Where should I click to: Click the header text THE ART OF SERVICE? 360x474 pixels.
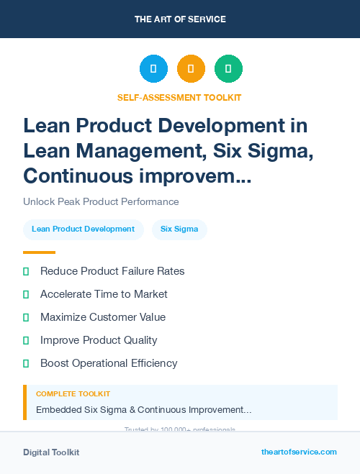(180, 19)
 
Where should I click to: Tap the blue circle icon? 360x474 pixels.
(153, 68)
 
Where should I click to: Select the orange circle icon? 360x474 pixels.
(191, 68)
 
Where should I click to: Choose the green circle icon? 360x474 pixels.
(228, 68)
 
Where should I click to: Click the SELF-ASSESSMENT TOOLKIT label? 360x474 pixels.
(180, 97)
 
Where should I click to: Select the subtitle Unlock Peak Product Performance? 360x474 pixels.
(101, 201)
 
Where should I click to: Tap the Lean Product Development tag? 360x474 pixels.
(83, 229)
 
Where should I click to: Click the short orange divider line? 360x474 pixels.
(39, 252)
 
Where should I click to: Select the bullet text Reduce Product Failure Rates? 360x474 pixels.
(112, 271)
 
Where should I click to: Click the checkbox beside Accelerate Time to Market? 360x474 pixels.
(26, 294)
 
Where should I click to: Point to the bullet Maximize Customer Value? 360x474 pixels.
(103, 317)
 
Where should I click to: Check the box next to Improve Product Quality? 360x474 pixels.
(26, 340)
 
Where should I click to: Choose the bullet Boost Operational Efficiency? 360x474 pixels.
(109, 363)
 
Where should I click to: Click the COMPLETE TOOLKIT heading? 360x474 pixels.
(73, 394)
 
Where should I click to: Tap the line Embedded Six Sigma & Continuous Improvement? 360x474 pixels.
(144, 410)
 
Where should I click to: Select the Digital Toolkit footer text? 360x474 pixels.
(51, 452)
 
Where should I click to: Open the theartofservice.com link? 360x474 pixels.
(299, 452)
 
